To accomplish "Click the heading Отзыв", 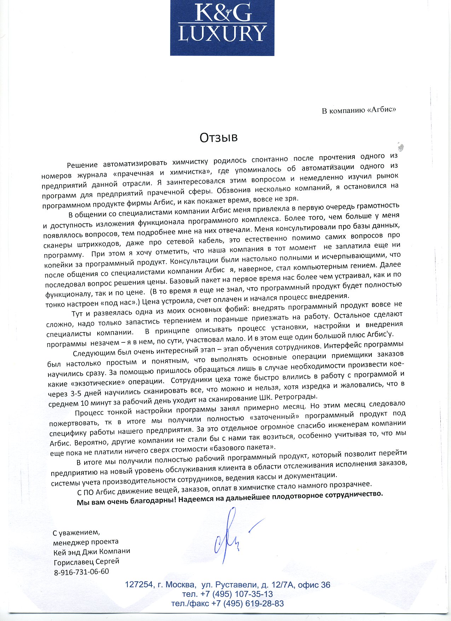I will pos(218,137).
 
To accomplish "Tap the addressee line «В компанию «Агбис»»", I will pos(359,110).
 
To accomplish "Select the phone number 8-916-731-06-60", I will pos(81,571).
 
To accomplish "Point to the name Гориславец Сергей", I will pos(86,562).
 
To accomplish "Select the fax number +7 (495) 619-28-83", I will pos(247,603).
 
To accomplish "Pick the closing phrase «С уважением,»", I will pos(76,532).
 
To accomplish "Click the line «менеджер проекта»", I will pos(86,542).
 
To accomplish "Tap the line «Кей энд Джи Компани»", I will pos(92,552).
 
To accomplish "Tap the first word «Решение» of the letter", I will pos(82,165).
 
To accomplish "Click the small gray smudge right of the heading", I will pos(400,147).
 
